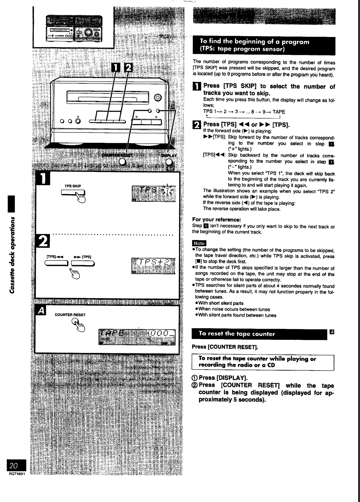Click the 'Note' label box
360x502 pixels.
[x=199, y=243]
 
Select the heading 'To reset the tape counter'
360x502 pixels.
[x=237, y=334]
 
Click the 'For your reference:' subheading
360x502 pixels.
[x=212, y=220]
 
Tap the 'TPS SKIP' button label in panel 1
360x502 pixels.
[x=73, y=186]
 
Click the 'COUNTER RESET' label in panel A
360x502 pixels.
[x=70, y=314]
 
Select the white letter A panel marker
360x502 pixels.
[x=41, y=311]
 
